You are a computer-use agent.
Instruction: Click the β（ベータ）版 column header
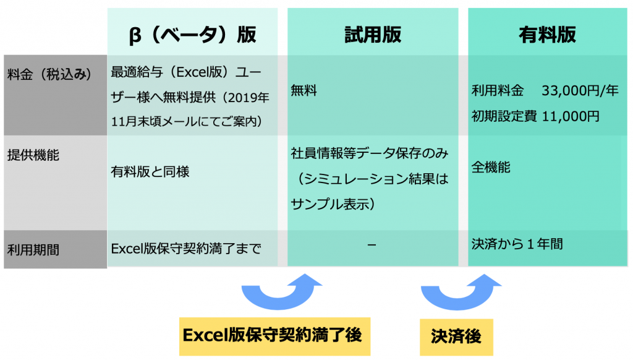[192, 35]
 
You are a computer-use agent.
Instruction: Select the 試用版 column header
[373, 35]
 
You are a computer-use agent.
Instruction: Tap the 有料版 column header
[547, 35]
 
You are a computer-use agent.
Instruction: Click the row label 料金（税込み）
[49, 74]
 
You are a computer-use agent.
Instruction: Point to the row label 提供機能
[33, 155]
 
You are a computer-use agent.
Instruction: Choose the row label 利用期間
[33, 250]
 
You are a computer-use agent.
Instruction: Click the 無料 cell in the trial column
[304, 90]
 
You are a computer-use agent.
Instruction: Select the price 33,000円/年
[580, 90]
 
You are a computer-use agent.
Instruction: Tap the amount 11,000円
[571, 116]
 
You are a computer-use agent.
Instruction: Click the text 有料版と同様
[150, 172]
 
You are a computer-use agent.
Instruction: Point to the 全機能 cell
[491, 167]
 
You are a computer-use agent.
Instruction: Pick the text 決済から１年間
[517, 244]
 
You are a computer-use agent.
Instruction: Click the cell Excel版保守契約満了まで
[185, 249]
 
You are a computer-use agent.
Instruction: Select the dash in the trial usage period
[372, 245]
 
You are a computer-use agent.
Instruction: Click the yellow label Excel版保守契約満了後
[274, 336]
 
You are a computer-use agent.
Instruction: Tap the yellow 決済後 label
[456, 336]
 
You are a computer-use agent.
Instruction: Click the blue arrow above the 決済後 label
[458, 303]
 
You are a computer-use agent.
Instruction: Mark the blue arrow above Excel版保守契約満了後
[279, 303]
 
